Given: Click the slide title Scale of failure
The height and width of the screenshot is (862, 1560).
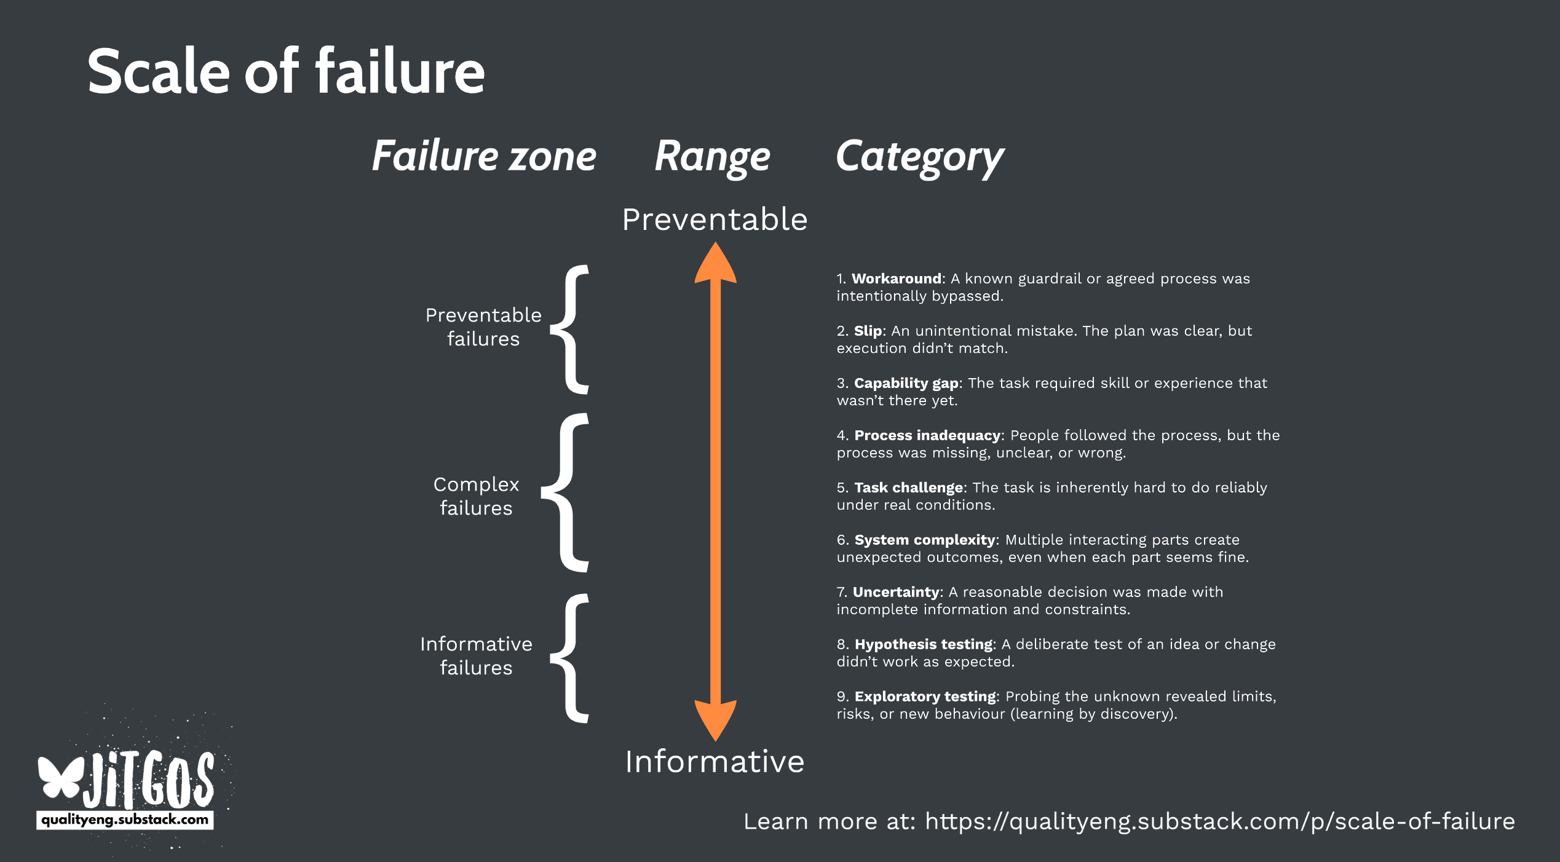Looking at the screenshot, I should (x=286, y=72).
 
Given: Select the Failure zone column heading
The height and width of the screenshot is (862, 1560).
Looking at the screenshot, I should (x=484, y=156).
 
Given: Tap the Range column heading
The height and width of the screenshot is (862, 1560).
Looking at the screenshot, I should (x=712, y=157).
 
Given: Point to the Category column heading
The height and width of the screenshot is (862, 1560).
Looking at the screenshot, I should (x=919, y=157).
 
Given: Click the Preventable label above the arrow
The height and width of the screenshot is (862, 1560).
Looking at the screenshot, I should (x=715, y=219).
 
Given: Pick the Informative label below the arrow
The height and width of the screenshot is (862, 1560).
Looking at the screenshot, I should (x=715, y=762).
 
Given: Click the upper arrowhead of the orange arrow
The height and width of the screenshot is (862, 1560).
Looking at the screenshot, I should (x=715, y=263).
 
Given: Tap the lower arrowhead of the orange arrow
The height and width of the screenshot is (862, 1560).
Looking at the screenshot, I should (x=715, y=719).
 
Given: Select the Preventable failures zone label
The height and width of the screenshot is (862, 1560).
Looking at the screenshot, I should (x=483, y=326).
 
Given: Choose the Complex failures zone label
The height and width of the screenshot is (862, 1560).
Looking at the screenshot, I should (x=476, y=496).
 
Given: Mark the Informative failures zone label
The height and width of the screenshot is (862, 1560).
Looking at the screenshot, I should (x=476, y=655).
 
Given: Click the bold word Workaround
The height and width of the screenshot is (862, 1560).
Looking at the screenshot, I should (x=897, y=279).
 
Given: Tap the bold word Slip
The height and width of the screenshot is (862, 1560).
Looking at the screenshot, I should (x=868, y=331).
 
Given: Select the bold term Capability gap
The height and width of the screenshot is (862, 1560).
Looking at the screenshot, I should (x=906, y=383).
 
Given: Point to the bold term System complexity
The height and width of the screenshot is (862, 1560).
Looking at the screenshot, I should (x=924, y=540).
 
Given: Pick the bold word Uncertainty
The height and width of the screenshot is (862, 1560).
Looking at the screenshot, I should (x=895, y=592).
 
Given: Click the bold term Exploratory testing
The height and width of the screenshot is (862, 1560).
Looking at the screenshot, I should (x=925, y=697).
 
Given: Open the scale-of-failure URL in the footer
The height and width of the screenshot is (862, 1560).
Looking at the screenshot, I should (x=1219, y=821).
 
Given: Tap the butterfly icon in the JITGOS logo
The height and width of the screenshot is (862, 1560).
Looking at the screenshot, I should (x=60, y=777).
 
